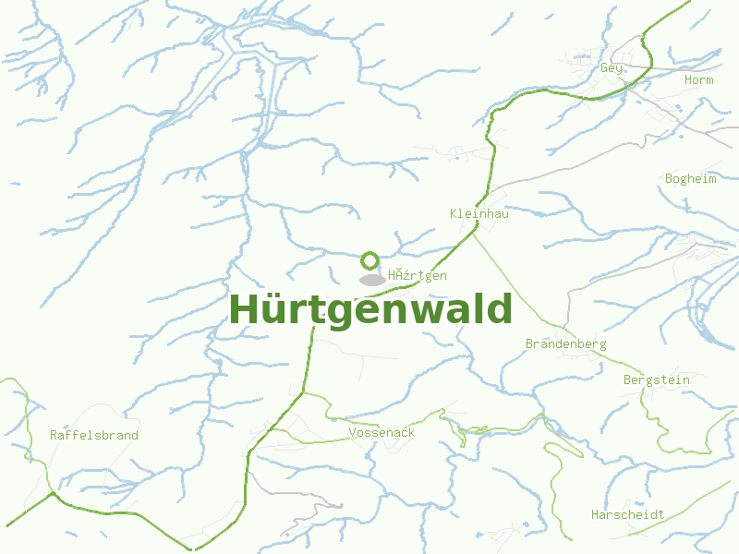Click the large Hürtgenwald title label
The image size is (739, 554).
pyautogui.click(x=370, y=310)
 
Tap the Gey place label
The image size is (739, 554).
pyautogui.click(x=612, y=68)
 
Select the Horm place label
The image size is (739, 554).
pyautogui.click(x=698, y=80)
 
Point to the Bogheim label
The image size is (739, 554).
pyautogui.click(x=690, y=179)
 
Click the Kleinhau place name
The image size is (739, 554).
pyautogui.click(x=479, y=213)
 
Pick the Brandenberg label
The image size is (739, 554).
pyautogui.click(x=565, y=343)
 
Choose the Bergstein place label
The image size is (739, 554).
pyautogui.click(x=656, y=379)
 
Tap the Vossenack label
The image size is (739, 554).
pyautogui.click(x=382, y=432)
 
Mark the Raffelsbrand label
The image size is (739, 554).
pyautogui.click(x=94, y=435)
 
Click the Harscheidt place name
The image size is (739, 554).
pyautogui.click(x=627, y=514)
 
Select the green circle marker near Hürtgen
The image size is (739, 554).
pyautogui.click(x=370, y=260)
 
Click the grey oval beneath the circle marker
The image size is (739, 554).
pyautogui.click(x=372, y=280)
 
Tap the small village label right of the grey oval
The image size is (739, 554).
pyautogui.click(x=418, y=275)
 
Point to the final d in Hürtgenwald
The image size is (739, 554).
pyautogui.click(x=499, y=310)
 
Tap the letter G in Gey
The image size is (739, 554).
pyautogui.click(x=604, y=68)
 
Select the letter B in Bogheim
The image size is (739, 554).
pyautogui.click(x=669, y=179)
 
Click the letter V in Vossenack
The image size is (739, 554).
pyautogui.click(x=353, y=432)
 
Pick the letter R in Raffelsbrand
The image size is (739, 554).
pyautogui.click(x=55, y=435)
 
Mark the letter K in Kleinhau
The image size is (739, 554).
pyautogui.click(x=454, y=213)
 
